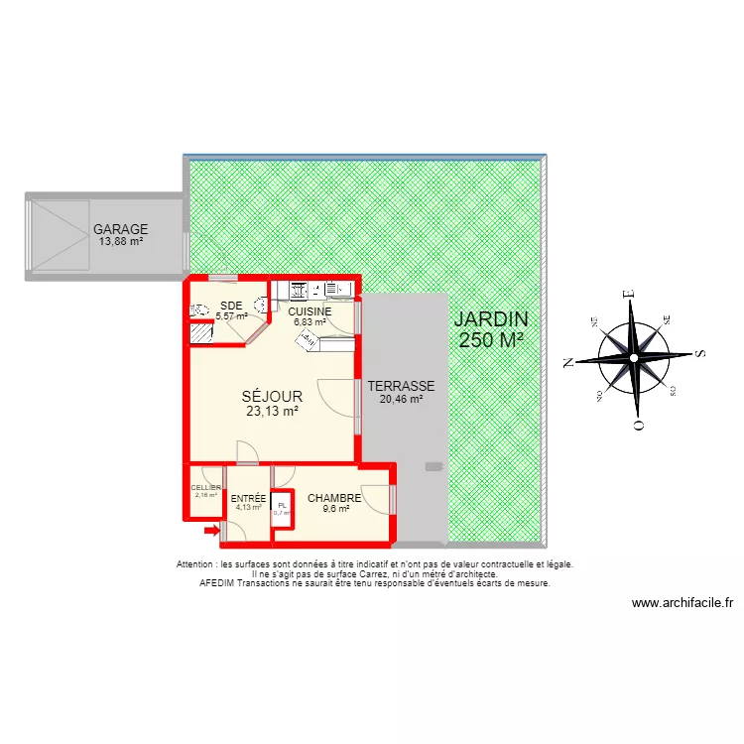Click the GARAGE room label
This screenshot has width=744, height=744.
tap(121, 229)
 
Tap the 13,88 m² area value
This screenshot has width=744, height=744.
tap(121, 242)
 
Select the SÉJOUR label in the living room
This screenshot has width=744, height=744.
tap(271, 397)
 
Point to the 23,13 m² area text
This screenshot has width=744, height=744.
tap(271, 411)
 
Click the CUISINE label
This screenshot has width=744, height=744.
tap(310, 311)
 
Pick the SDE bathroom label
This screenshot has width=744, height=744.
tap(231, 306)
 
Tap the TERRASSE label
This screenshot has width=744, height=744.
tap(401, 386)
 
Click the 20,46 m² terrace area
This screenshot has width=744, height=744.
tap(401, 400)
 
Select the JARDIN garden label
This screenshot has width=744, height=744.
tap(491, 320)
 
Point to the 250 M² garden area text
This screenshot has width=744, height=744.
tap(491, 340)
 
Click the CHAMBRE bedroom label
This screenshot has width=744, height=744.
tap(334, 498)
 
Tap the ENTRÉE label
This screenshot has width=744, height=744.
tap(248, 498)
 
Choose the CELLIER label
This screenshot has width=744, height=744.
tap(205, 487)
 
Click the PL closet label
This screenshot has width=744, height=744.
tap(283, 505)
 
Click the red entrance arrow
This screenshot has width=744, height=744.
tap(210, 531)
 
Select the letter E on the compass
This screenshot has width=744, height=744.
tap(628, 294)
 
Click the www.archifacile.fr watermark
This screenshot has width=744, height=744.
tap(682, 602)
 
